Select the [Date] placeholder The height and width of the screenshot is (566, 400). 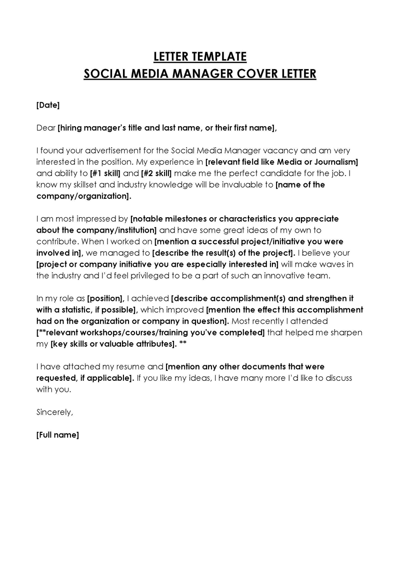[x=48, y=105]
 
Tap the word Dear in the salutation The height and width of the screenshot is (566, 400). [x=46, y=128]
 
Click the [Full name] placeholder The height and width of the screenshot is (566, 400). [x=58, y=435]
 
